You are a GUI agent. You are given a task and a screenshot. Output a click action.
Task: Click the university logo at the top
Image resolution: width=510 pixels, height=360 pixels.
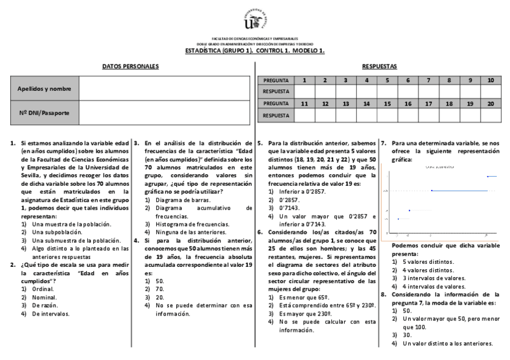coord(255,20)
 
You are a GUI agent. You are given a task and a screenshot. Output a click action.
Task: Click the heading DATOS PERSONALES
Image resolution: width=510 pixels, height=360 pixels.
coord(130,66)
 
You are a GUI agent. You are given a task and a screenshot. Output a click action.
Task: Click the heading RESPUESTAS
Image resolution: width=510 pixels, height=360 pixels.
coord(379,66)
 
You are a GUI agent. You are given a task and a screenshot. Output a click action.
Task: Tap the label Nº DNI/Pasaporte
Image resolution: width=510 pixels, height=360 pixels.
coord(44,112)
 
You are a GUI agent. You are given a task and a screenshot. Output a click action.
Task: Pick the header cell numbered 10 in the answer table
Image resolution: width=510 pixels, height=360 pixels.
coord(491,81)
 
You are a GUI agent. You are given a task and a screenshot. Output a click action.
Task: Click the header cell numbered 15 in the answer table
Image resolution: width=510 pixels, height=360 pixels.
coord(387,103)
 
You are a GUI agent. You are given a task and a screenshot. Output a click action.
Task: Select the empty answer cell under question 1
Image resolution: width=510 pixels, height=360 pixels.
coord(304,91)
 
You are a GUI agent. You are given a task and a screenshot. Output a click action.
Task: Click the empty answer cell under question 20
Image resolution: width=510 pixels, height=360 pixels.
coord(491,115)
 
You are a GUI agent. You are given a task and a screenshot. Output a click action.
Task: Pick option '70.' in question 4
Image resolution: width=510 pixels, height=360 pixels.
coord(159,288)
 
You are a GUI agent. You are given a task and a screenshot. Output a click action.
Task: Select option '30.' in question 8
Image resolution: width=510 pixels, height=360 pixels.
coord(407,335)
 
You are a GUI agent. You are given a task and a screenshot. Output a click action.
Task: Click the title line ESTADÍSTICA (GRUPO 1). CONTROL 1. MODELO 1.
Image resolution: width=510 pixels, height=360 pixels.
coord(255,50)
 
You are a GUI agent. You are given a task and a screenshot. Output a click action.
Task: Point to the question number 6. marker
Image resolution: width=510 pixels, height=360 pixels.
coord(260,232)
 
